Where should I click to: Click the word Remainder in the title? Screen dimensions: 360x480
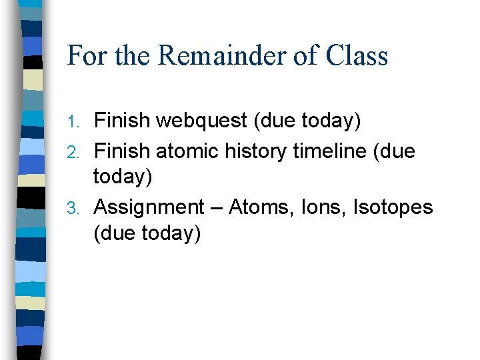[x=224, y=55]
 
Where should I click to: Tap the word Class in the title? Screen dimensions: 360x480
[x=357, y=55]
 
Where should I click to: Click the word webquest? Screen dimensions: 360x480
[x=201, y=121]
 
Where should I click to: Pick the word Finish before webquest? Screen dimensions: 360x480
[x=123, y=121]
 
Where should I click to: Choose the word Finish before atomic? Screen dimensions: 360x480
[x=123, y=151]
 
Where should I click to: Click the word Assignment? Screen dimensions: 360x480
[x=149, y=208]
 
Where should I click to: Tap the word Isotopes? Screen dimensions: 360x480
[x=396, y=208]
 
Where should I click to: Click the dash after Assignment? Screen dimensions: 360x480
[x=216, y=209]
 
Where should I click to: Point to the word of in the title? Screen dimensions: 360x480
[x=307, y=55]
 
